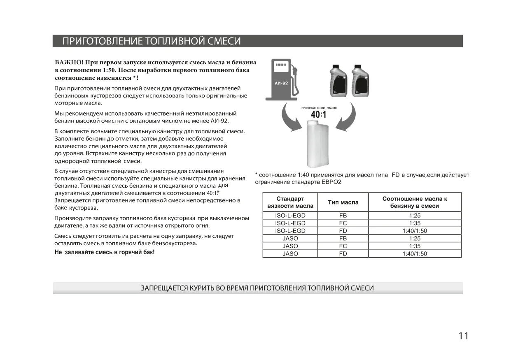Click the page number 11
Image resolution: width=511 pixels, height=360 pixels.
point(463,336)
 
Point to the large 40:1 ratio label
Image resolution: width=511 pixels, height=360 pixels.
point(318,115)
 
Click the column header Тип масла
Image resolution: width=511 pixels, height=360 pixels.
point(343,202)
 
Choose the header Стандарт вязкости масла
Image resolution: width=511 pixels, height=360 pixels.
point(290,202)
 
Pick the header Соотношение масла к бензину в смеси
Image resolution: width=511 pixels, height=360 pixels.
point(414,202)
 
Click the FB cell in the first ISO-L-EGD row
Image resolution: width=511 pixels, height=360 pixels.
point(343,215)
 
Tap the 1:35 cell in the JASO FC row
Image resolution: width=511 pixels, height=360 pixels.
point(414,246)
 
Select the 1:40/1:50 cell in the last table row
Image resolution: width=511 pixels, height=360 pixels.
point(414,254)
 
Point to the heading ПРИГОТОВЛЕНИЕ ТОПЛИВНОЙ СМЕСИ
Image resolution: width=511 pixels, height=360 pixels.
point(151,41)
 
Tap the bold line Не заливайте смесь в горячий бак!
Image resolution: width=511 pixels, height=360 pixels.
point(105,252)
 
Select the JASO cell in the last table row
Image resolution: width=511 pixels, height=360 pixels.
point(290,254)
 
